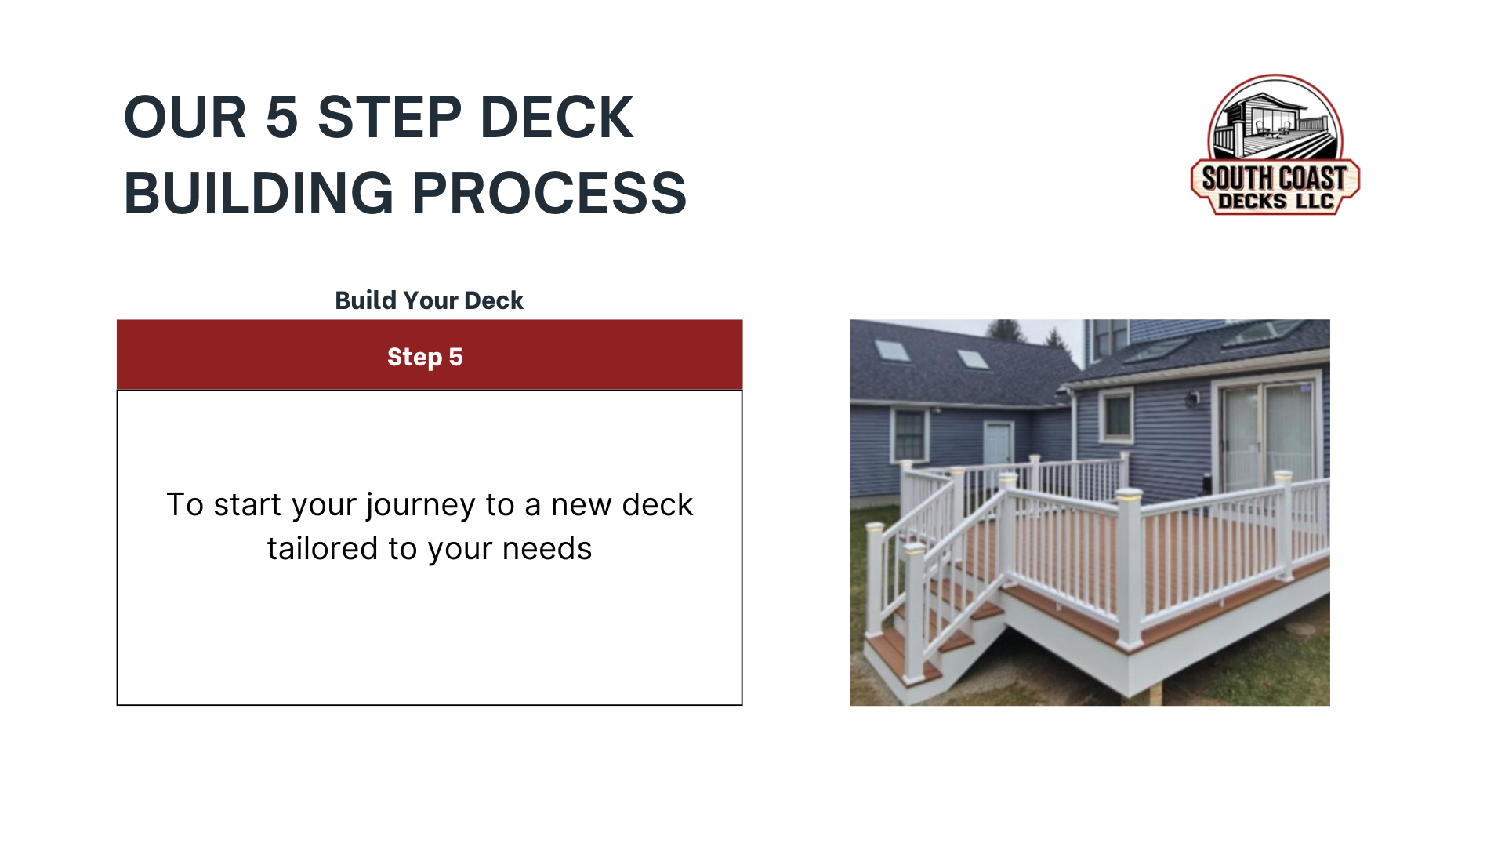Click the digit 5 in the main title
282,118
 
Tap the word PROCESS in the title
549,193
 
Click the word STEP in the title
389,118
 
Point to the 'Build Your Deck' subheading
429,300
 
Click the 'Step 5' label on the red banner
425,357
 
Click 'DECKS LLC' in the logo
1275,202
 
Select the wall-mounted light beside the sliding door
1193,399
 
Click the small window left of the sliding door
1117,415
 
